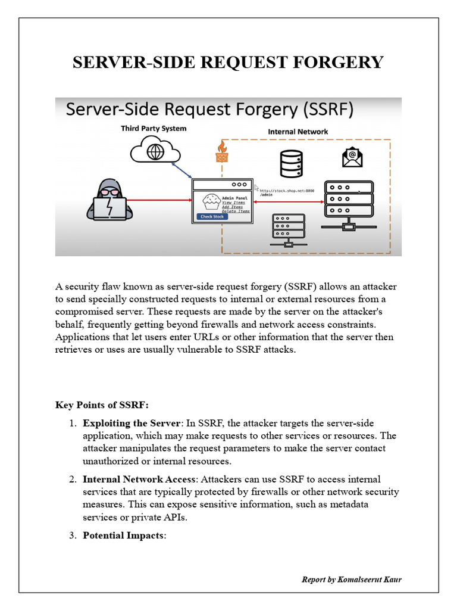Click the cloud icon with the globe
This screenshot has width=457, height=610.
coord(155,150)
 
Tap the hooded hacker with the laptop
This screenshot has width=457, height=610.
coord(109,200)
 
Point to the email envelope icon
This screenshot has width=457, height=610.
coord(352,157)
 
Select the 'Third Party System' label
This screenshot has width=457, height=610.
coord(154,128)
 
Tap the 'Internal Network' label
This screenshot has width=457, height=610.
coord(298,132)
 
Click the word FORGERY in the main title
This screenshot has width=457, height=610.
coord(343,63)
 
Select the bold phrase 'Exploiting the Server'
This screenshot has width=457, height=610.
coord(132,424)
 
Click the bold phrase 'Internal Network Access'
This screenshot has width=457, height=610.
coord(139,479)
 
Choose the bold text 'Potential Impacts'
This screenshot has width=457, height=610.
coord(123,535)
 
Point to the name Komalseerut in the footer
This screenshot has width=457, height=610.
coord(358,579)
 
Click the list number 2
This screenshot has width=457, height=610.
coord(73,479)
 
